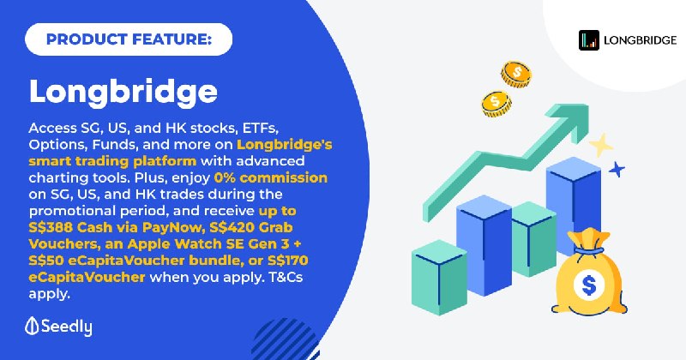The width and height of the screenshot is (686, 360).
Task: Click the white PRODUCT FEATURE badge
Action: point(129,39)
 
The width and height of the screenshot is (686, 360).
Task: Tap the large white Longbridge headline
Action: point(123,93)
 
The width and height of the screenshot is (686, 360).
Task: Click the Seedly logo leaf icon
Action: point(32,326)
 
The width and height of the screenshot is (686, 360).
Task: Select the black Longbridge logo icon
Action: point(589,40)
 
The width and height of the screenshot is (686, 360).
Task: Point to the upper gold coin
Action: point(516,74)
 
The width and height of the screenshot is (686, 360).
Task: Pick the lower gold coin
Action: point(496,104)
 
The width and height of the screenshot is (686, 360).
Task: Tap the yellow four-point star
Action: point(601,145)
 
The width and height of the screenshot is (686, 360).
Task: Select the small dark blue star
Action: point(617,169)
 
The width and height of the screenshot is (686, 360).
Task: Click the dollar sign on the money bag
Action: point(589,285)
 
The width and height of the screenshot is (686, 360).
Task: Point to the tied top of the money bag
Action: point(588,243)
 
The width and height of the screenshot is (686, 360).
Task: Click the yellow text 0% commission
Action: point(271,177)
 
